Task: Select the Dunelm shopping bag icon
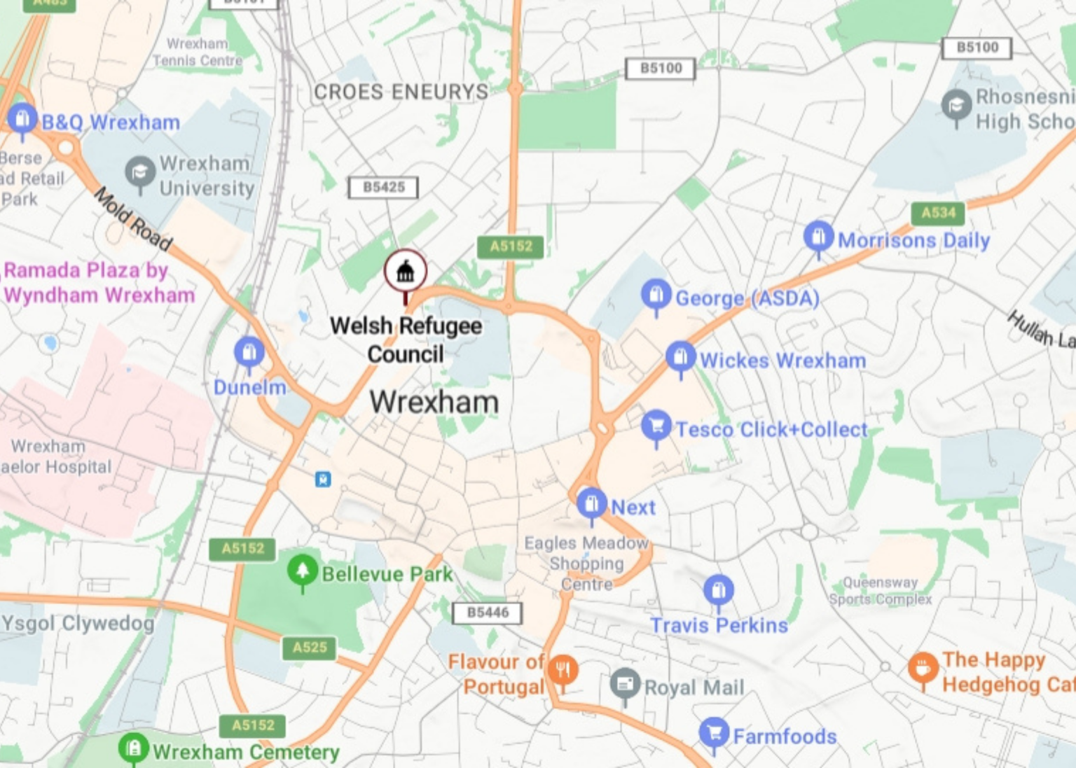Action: click(x=249, y=352)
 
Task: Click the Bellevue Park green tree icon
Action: click(x=303, y=571)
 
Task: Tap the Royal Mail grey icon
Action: click(x=625, y=683)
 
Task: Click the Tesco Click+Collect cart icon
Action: click(x=656, y=426)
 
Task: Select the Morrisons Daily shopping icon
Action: click(x=818, y=237)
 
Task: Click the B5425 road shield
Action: click(x=383, y=188)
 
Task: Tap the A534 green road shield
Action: click(x=938, y=213)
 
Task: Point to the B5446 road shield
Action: click(x=488, y=613)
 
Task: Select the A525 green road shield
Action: click(x=310, y=648)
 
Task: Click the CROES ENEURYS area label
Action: click(x=401, y=92)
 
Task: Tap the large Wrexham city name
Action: click(x=434, y=402)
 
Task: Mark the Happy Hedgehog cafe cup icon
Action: click(x=923, y=668)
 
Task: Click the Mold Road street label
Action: click(x=133, y=218)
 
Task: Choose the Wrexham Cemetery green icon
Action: click(x=133, y=748)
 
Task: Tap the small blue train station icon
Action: click(x=322, y=480)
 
